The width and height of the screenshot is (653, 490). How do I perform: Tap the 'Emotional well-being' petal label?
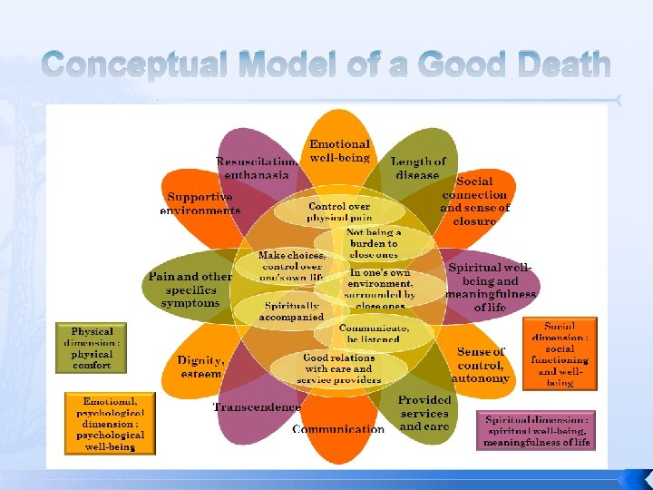340,151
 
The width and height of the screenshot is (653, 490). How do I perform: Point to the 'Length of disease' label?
418,168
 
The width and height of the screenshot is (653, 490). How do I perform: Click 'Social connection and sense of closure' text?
474,201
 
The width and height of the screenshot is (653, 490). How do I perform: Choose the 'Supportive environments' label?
200,203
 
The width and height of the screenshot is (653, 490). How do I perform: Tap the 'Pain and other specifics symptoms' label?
190,289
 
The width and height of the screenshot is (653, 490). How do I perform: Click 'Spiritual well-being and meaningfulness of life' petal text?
492,288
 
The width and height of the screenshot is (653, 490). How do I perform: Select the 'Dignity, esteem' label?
200,367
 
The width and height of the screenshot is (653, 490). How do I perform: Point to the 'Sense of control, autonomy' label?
481,365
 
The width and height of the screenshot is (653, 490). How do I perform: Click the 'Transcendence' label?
256,407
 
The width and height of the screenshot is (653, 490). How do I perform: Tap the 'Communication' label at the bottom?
338,429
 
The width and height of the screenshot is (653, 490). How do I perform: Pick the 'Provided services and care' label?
424,413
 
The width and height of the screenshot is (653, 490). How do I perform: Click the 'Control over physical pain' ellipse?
339,211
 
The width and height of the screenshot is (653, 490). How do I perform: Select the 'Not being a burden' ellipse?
374,243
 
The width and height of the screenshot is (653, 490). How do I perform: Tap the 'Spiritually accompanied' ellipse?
290,312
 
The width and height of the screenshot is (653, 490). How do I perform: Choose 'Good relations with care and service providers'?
338,368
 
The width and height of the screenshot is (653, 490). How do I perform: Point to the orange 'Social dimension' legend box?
560,354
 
